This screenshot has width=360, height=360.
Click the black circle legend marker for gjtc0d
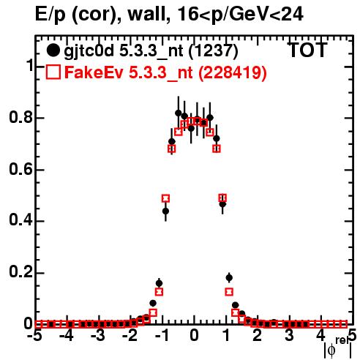[53, 50]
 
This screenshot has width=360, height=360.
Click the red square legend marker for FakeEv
[53, 72]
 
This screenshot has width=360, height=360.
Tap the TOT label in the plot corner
[308, 50]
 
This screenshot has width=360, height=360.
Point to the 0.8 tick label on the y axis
[20, 117]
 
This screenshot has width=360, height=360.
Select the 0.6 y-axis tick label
[20, 169]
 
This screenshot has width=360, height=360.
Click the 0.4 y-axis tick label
[20, 220]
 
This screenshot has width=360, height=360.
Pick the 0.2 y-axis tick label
[20, 272]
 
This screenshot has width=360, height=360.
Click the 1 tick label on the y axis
[30, 65]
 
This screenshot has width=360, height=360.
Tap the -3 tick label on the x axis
[98, 336]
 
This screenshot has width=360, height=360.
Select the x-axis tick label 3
[289, 336]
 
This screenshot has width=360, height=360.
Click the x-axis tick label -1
[162, 336]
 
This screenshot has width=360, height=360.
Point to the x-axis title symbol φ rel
[338, 348]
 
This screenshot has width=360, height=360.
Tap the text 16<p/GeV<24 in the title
[240, 15]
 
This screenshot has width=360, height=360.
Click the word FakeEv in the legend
[94, 72]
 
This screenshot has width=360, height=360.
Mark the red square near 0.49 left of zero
[165, 198]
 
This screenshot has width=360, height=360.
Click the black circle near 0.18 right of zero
[229, 277]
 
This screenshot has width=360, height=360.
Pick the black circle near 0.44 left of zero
[165, 211]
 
